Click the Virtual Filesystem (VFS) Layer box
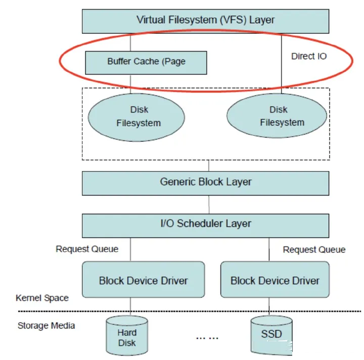(205, 20)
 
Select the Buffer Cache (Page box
(146, 62)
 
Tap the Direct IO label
(309, 56)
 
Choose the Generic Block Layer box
(205, 182)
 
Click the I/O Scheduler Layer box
(205, 224)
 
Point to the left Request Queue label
(87, 248)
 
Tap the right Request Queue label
(314, 249)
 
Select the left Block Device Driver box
(143, 280)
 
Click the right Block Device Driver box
(275, 280)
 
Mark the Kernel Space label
(42, 298)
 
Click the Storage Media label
(46, 326)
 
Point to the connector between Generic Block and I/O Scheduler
(209, 204)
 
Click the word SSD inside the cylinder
(271, 334)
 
